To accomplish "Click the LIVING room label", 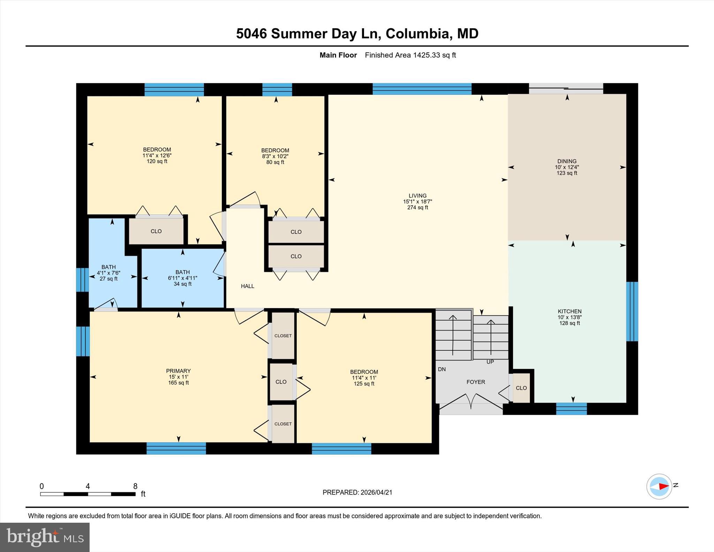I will (417, 196).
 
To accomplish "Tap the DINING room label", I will (567, 161).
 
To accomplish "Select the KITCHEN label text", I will (569, 311).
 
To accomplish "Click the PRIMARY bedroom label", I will (178, 371).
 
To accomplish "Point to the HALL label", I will (247, 286).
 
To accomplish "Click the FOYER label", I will (476, 382).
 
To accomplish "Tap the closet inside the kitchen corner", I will (521, 388).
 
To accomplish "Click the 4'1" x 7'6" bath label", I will (108, 273).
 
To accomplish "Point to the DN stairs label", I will (442, 369).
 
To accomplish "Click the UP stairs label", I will (490, 362).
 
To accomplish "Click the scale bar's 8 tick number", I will (135, 486).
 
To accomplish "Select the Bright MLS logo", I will (45, 537).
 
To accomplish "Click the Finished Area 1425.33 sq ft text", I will (410, 55).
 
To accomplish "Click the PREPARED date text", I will (357, 492).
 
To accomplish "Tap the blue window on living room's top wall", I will (422, 89).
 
